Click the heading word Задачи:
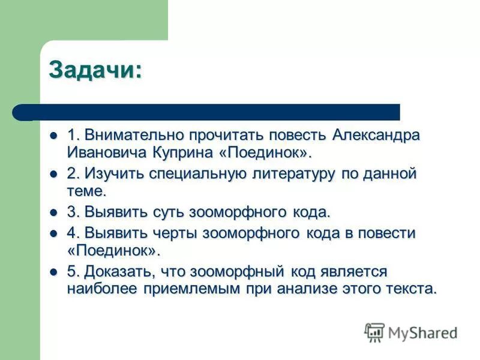click(x=96, y=70)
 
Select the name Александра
click(x=376, y=135)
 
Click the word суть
click(x=169, y=212)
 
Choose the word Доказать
click(x=117, y=271)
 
